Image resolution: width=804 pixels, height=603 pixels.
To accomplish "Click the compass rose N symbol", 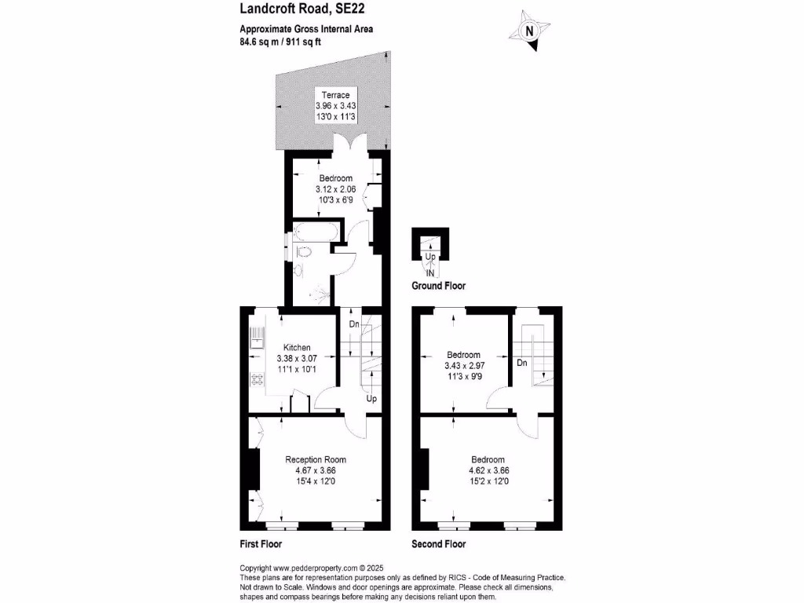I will [x=529, y=31].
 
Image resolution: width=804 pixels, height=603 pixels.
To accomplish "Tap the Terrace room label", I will [x=335, y=95].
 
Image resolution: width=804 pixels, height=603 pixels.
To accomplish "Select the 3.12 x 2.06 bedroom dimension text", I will [x=335, y=189].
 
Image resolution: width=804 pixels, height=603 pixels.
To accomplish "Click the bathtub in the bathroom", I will [x=316, y=232].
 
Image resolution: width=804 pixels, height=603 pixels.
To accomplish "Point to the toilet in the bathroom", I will [x=305, y=252].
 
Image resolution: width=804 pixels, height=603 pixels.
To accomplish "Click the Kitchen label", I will [x=297, y=347].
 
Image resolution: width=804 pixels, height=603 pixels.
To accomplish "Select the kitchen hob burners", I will [x=257, y=380].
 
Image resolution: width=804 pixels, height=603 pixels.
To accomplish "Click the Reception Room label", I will [x=315, y=459].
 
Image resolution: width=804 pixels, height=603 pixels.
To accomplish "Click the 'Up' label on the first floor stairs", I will [x=371, y=399].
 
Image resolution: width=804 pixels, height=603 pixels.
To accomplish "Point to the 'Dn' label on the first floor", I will [x=354, y=323].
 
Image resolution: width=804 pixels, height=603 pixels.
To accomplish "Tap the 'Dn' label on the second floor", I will [x=522, y=363].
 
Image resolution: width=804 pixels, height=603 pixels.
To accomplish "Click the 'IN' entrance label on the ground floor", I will [x=430, y=272].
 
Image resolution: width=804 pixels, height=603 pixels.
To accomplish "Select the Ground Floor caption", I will [x=438, y=287].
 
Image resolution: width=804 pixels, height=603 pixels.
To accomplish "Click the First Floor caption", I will [x=261, y=543].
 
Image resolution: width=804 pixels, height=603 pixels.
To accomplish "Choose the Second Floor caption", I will [x=438, y=543].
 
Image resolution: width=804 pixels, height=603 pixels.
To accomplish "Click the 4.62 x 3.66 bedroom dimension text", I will [x=488, y=471].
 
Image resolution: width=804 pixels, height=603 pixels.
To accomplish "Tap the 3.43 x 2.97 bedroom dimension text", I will [x=463, y=366].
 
